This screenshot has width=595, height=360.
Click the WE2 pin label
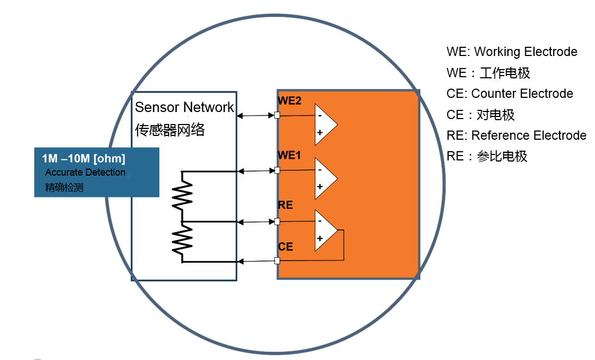(289, 101)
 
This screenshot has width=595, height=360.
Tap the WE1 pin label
(289, 156)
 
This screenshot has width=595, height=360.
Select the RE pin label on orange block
(286, 205)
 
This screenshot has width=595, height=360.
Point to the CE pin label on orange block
(286, 247)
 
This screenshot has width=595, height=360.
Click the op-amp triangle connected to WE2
(325, 125)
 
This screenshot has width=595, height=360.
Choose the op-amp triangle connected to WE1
(325, 179)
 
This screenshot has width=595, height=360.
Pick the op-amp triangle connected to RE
(325, 230)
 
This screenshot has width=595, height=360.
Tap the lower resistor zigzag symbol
(183, 241)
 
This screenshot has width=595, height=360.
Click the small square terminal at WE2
(277, 115)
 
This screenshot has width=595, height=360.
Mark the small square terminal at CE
(277, 260)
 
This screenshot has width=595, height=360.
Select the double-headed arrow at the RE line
(256, 221)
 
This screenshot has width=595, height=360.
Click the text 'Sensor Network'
(184, 107)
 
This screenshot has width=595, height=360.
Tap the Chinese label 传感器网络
(170, 130)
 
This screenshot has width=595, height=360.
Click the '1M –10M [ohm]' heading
(84, 159)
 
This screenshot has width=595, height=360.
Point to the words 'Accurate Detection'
(85, 172)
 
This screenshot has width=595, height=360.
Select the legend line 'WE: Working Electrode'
(512, 52)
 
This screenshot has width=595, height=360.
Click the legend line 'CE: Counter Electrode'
(510, 94)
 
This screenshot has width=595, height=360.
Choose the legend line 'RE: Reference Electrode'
(516, 135)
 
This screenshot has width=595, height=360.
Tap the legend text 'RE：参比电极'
(487, 157)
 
